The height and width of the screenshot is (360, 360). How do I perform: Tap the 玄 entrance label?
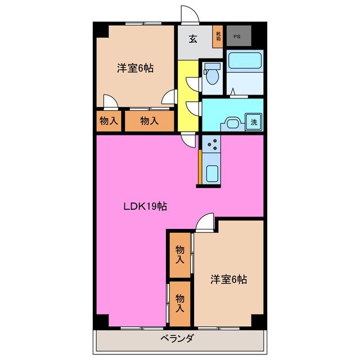193,39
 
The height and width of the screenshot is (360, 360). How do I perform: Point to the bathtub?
245,64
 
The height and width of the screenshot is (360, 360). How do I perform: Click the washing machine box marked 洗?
254,121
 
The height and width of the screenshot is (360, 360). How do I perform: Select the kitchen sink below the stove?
212,173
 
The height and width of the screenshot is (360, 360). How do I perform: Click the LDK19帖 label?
145,206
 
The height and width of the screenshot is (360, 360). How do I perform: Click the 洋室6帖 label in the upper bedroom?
135,69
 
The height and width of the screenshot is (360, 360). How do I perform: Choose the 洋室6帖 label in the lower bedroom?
229,278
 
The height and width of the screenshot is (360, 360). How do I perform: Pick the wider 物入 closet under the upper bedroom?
149,120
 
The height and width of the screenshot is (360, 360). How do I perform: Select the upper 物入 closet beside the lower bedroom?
180,254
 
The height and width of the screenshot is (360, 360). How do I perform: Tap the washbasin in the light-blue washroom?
232,121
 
